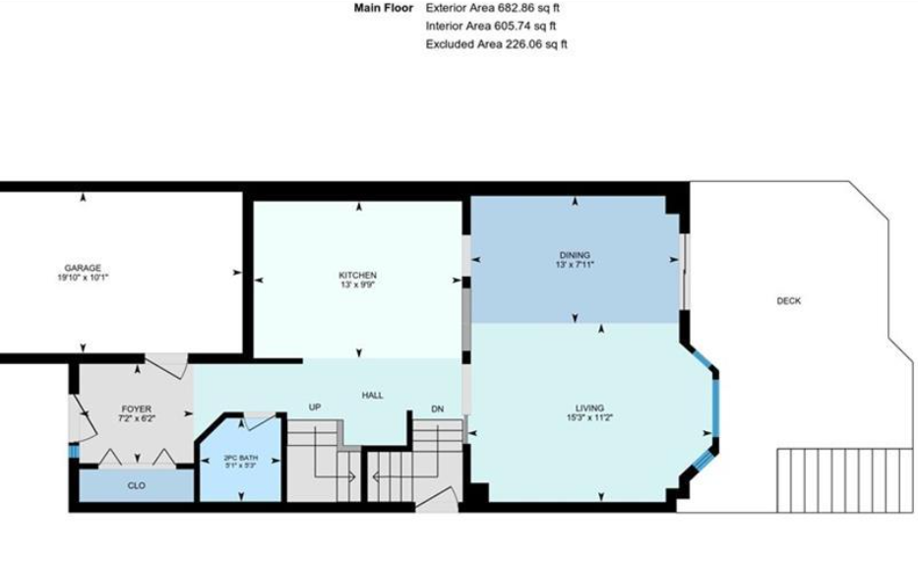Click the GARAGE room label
pos(83,268)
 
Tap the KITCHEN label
pos(358,276)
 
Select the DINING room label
pos(575,255)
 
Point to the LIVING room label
pos(589,408)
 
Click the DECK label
pos(788,301)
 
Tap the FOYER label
pos(137,408)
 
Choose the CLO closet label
pos(137,485)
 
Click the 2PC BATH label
pos(241,458)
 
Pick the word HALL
pos(372,396)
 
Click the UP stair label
pos(315,407)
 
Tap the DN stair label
pos(437,409)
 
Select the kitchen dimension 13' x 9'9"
pos(358,284)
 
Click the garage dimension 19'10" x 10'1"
pos(83,278)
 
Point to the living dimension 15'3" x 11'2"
pos(589,417)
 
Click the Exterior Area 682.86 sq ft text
pos(492,8)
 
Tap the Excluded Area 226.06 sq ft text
pos(497,44)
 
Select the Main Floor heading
pos(384,8)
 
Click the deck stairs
pos(845,480)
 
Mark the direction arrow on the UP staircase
pos(335,477)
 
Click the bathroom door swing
pos(257,420)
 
